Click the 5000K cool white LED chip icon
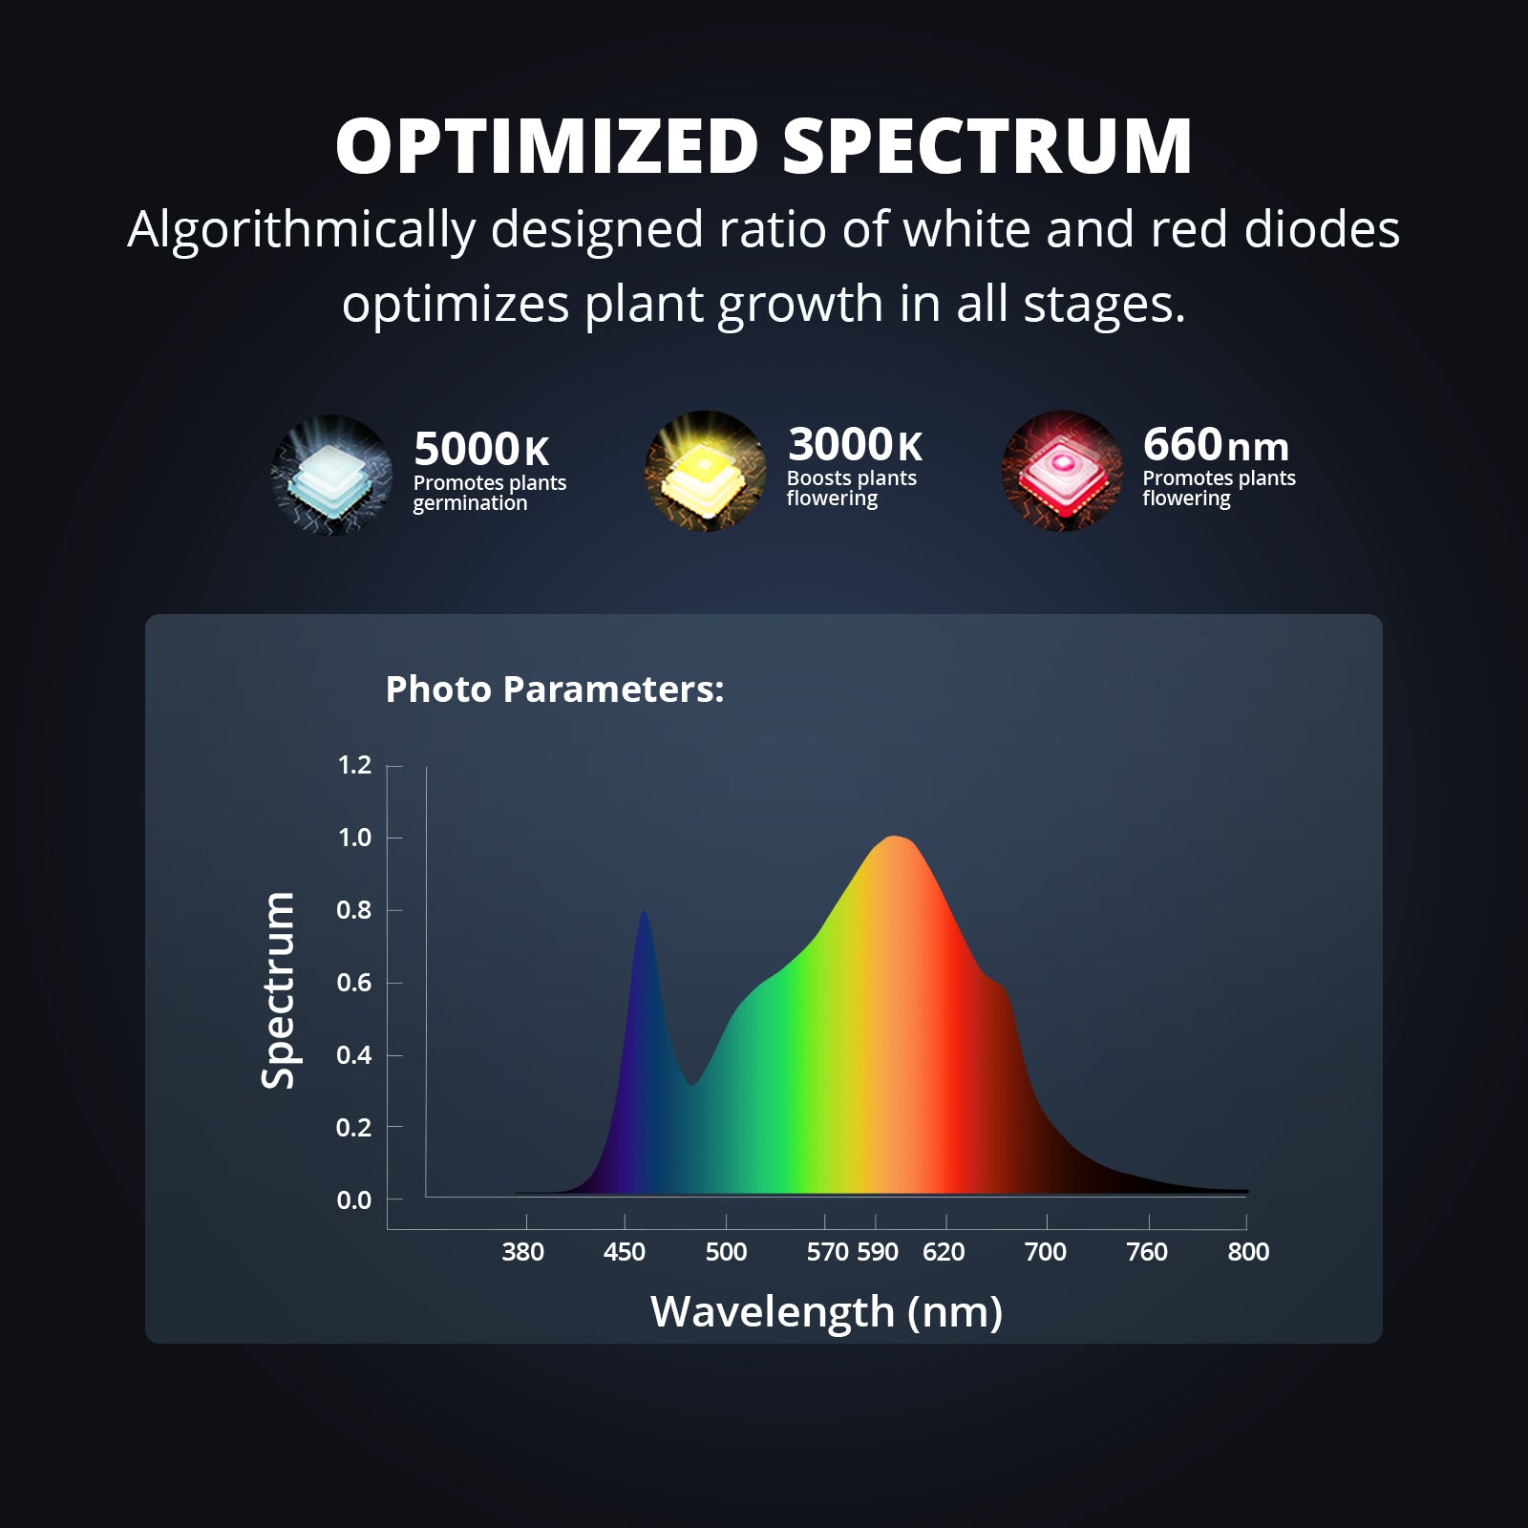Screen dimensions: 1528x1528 coord(331,475)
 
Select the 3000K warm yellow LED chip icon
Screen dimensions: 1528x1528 coord(705,471)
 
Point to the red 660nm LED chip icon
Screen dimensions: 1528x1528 coord(1062,471)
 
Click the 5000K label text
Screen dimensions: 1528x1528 coord(481,449)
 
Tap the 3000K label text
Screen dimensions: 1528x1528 coord(855,444)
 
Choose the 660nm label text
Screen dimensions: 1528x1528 coord(1216,444)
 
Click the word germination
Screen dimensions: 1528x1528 coord(470,503)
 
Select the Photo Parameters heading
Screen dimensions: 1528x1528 coord(555,689)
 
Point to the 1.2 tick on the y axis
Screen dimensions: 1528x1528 coord(354,765)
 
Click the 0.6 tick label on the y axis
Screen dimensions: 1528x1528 coord(354,983)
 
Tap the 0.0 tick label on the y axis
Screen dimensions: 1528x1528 coord(354,1200)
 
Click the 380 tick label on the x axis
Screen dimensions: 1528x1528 coord(523,1252)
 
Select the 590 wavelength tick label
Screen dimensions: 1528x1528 coord(878,1252)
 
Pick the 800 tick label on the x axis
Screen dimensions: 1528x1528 coord(1248,1252)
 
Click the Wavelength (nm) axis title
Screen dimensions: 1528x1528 coord(827,1312)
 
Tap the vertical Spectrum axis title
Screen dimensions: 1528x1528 coord(278,990)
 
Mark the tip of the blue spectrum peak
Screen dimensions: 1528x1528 coord(644,912)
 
